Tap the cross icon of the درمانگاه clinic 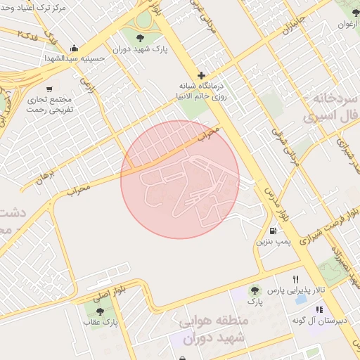pos(202,75)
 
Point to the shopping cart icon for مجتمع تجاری pos(49,89)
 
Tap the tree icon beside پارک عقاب pos(100,310)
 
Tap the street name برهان pos(45,176)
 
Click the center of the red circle pos(180,180)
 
